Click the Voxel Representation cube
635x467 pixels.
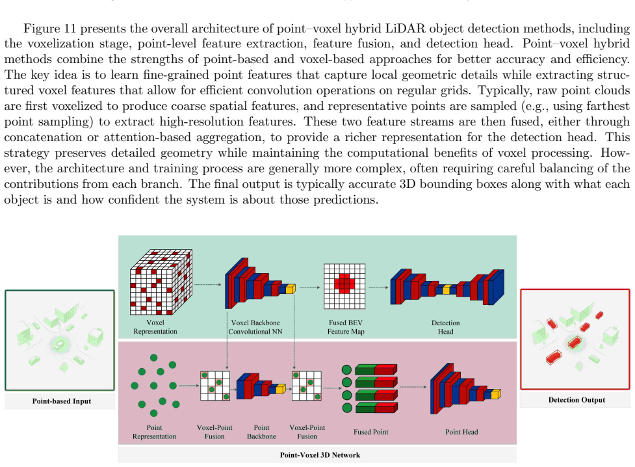pyautogui.click(x=161, y=282)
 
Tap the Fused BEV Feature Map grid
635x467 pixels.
pyautogui.click(x=344, y=286)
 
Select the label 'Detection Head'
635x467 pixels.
pyautogui.click(x=445, y=327)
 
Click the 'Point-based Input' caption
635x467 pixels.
pyautogui.click(x=62, y=401)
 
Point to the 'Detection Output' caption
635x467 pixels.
pyautogui.click(x=577, y=400)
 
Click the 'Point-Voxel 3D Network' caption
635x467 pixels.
pyautogui.click(x=320, y=455)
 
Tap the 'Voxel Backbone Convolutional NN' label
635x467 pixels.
pyautogui.click(x=255, y=327)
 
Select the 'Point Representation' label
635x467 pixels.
pyautogui.click(x=154, y=432)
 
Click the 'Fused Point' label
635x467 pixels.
pyautogui.click(x=371, y=432)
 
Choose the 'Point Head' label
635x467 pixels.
pyautogui.click(x=461, y=432)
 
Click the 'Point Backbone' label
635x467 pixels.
pyautogui.click(x=262, y=432)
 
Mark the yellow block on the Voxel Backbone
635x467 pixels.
pyautogui.click(x=291, y=289)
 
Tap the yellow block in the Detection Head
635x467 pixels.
pyautogui.click(x=447, y=289)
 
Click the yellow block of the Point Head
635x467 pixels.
pyautogui.click(x=496, y=394)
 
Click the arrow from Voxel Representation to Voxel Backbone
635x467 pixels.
pyautogui.click(x=208, y=285)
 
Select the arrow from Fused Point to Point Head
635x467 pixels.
pyautogui.click(x=413, y=387)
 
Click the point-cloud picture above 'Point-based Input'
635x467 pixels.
pyautogui.click(x=60, y=341)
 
